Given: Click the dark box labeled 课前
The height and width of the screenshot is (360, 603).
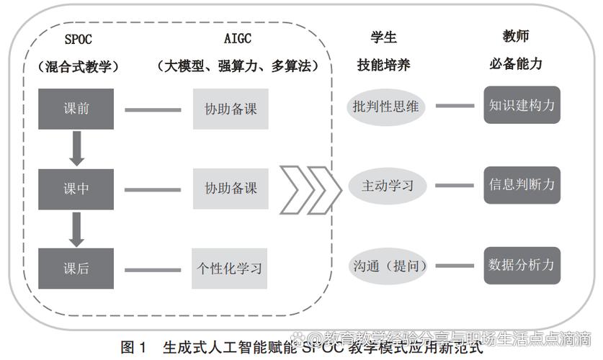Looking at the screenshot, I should point(76,109).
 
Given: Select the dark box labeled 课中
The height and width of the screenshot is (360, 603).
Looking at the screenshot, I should point(76,189).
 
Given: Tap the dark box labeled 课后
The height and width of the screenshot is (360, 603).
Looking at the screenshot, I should point(76,268).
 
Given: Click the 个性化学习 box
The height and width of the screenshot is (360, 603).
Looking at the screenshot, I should point(230,268).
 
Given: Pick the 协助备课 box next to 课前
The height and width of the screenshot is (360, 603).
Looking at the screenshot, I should point(231,109).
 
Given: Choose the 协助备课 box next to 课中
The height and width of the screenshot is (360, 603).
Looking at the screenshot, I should point(231,189).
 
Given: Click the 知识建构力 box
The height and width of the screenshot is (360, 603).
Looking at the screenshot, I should point(522,105).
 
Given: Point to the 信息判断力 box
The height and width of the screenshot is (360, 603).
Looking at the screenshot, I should point(522,184).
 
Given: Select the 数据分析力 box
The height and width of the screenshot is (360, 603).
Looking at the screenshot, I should point(522,264).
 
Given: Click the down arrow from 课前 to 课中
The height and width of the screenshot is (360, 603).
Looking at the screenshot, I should point(76,148).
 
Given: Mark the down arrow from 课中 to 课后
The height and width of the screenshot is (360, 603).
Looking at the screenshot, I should point(76,228).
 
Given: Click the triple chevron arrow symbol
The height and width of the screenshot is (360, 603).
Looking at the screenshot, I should point(309,189).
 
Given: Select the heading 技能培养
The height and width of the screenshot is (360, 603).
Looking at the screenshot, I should point(384,65).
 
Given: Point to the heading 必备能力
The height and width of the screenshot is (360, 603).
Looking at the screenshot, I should point(516,63).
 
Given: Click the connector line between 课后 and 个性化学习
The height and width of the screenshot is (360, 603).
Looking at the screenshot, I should point(153,270).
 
